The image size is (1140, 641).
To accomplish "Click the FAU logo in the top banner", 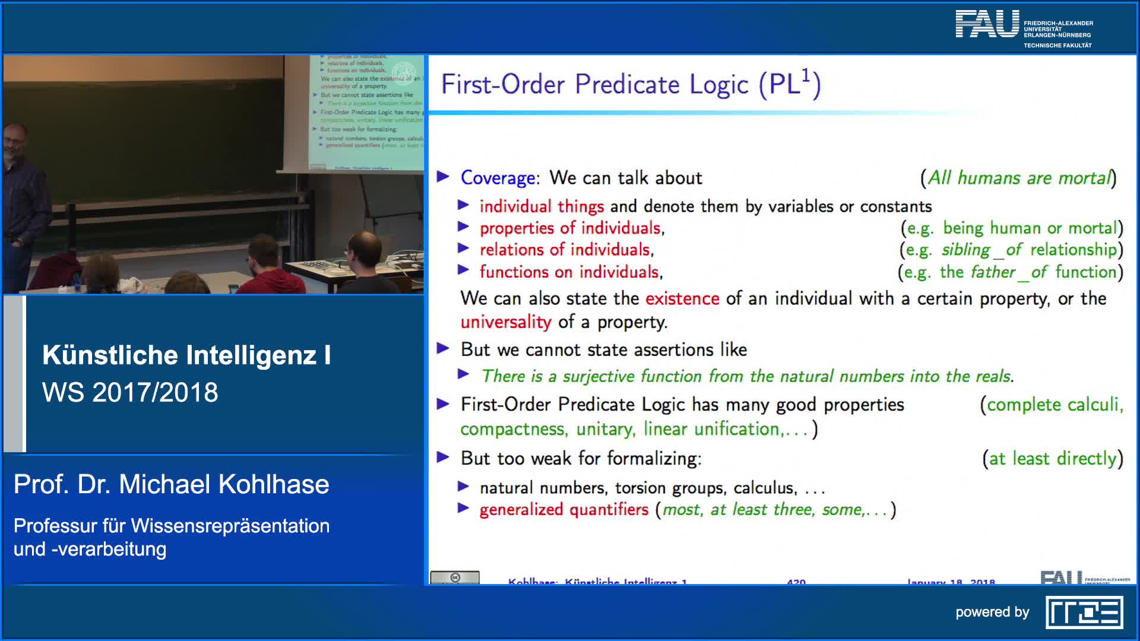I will (987, 25).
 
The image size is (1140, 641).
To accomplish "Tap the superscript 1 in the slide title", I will (806, 76).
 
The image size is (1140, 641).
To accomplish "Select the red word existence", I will (682, 299).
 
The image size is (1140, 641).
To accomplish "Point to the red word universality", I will (506, 322).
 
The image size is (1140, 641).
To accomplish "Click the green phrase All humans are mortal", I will (1018, 178).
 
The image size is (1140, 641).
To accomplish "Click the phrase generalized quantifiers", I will (563, 510).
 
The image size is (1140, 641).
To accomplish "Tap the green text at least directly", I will (1053, 459).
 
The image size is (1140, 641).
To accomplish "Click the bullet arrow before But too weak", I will (443, 458).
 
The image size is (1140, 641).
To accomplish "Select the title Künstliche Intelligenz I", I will (186, 356).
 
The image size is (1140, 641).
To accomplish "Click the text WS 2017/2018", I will (130, 392).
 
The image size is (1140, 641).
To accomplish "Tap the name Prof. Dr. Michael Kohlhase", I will (171, 484).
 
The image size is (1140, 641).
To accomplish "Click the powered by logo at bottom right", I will (1084, 613).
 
